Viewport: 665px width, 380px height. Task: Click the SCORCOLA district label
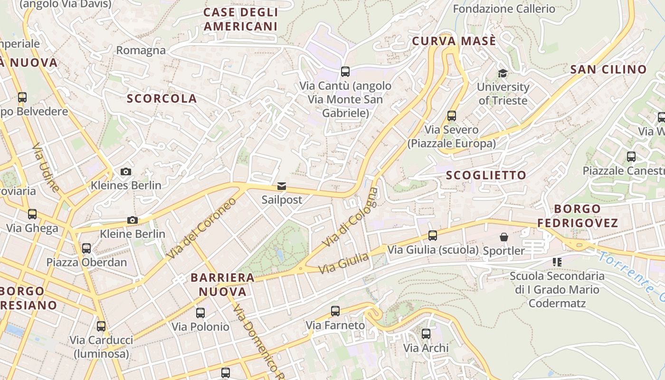coord(161,98)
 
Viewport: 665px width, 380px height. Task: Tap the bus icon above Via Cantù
coord(345,72)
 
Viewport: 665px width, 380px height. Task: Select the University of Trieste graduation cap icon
coord(503,73)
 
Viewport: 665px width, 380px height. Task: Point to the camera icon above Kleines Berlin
coord(126,171)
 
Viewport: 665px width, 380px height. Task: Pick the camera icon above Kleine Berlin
coord(133,220)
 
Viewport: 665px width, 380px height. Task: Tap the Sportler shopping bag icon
coord(504,237)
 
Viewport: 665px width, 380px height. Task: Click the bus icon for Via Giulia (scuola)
coord(433,235)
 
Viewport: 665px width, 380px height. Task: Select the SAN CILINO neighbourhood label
coord(608,69)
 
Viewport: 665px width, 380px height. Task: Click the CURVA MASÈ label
coord(454,41)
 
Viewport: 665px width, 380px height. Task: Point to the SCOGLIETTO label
coord(486,175)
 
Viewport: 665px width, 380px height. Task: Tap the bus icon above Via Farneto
coord(335,311)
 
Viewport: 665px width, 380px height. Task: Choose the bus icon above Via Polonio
coord(200,313)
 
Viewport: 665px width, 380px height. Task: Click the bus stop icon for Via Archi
coord(426,334)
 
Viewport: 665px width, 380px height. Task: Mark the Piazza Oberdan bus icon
coord(86,248)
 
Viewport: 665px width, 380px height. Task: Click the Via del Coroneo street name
coord(201,228)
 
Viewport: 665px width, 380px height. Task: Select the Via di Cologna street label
coord(351,218)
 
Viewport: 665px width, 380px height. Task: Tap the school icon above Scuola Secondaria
coord(557,262)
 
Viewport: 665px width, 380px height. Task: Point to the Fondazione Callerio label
coord(504,9)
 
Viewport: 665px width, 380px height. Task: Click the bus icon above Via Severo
coord(452,115)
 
